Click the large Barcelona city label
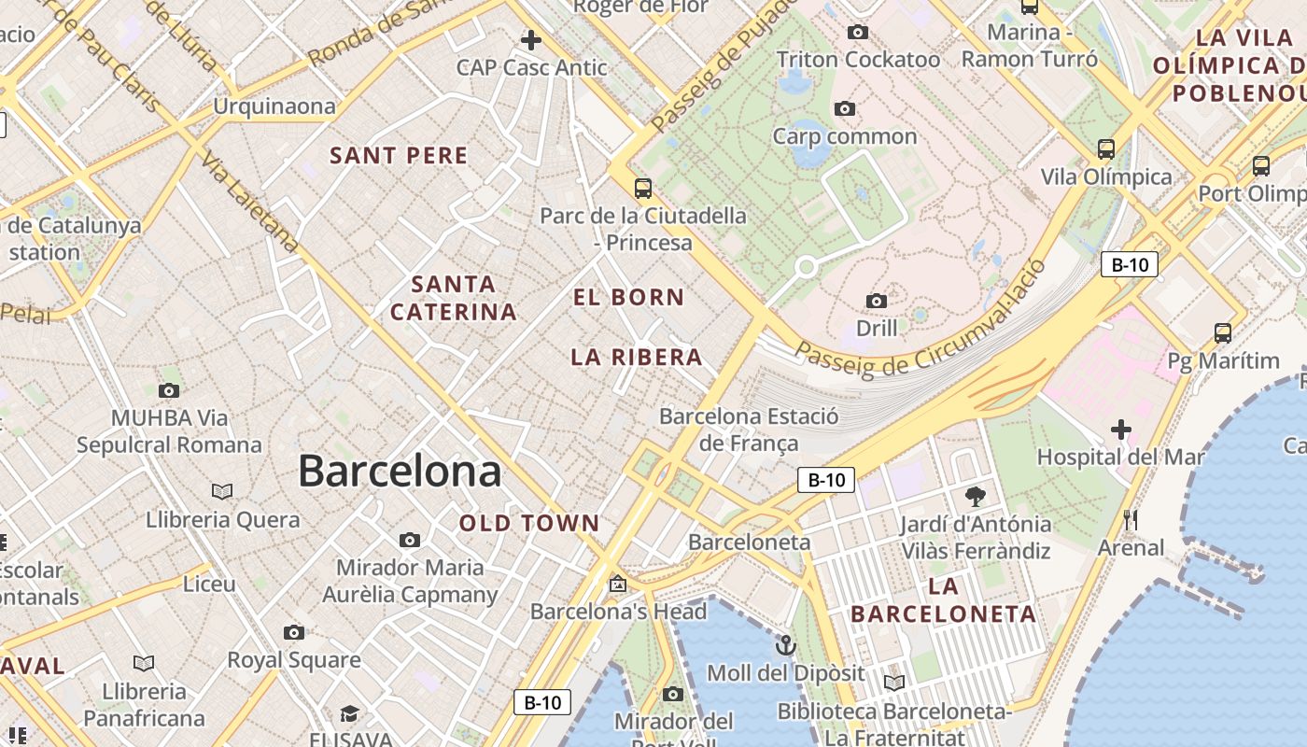(x=400, y=471)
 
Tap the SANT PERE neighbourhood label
(x=399, y=156)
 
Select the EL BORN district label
(x=628, y=298)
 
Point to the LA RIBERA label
(x=637, y=357)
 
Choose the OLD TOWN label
(x=529, y=524)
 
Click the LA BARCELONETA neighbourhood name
(x=944, y=600)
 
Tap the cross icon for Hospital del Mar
(x=1120, y=430)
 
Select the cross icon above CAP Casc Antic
(x=531, y=40)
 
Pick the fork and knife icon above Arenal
(x=1131, y=520)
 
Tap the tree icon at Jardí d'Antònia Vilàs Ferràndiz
(x=976, y=496)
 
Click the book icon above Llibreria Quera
(x=222, y=491)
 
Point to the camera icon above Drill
(x=876, y=301)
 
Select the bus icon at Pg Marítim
(x=1223, y=332)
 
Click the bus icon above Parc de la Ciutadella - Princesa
(x=643, y=188)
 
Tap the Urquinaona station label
(x=274, y=106)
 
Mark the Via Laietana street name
(x=250, y=202)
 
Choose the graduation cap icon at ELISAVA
(x=349, y=714)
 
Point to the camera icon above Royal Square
(x=294, y=633)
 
